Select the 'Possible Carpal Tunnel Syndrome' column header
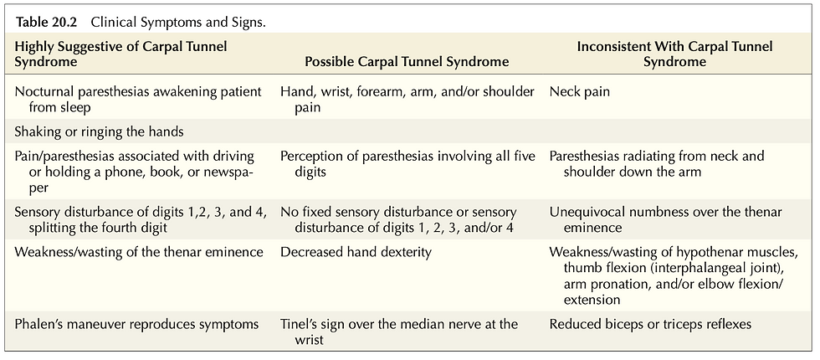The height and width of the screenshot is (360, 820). [407, 62]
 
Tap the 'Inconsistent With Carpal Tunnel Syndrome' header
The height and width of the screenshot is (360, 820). [674, 54]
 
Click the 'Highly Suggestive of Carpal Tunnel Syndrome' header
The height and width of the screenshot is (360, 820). [120, 54]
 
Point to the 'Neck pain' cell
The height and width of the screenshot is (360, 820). [579, 92]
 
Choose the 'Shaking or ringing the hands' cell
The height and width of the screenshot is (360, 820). [99, 131]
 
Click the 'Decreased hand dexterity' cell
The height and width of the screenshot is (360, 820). [356, 252]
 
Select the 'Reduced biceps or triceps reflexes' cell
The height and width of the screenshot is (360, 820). [650, 325]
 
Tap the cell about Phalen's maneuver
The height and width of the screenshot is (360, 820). [136, 325]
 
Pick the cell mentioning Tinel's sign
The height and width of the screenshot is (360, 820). [399, 332]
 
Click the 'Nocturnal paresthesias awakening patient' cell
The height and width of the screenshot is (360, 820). [138, 100]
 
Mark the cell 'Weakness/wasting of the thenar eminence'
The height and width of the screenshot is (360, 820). [139, 252]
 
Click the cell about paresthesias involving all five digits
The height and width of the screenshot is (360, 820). [408, 164]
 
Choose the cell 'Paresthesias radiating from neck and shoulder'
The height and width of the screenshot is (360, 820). [657, 164]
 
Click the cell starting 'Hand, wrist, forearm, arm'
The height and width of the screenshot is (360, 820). [407, 100]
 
